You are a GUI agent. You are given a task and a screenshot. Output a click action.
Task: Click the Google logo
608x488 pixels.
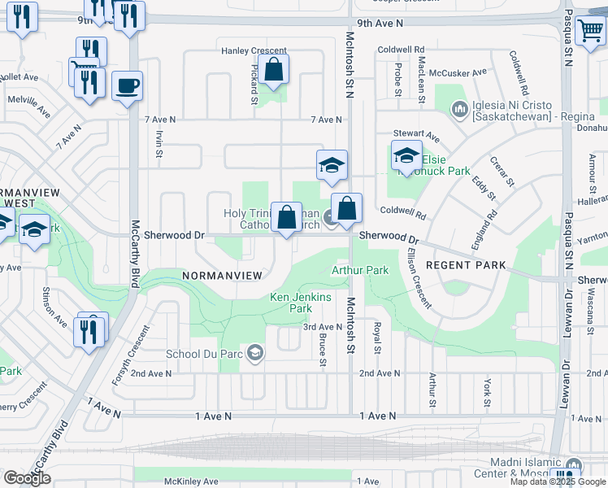point(28,478)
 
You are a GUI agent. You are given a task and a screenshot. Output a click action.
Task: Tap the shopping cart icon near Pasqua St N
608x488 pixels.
point(590,31)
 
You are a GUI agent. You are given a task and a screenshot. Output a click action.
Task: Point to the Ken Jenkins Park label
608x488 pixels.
point(301,303)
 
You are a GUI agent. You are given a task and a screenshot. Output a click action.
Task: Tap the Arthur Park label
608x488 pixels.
point(359,269)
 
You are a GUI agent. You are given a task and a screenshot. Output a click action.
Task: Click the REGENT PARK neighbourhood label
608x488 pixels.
point(466,265)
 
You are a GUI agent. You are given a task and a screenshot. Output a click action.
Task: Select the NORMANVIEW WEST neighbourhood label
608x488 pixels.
point(24,196)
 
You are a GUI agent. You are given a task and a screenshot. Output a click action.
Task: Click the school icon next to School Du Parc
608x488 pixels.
point(255,353)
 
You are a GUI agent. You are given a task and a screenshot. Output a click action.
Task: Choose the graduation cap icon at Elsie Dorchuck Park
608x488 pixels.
point(406,156)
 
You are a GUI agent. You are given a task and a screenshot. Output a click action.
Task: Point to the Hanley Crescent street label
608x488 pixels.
point(242,50)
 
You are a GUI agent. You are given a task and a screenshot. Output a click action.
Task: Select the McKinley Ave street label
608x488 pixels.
point(191,481)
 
